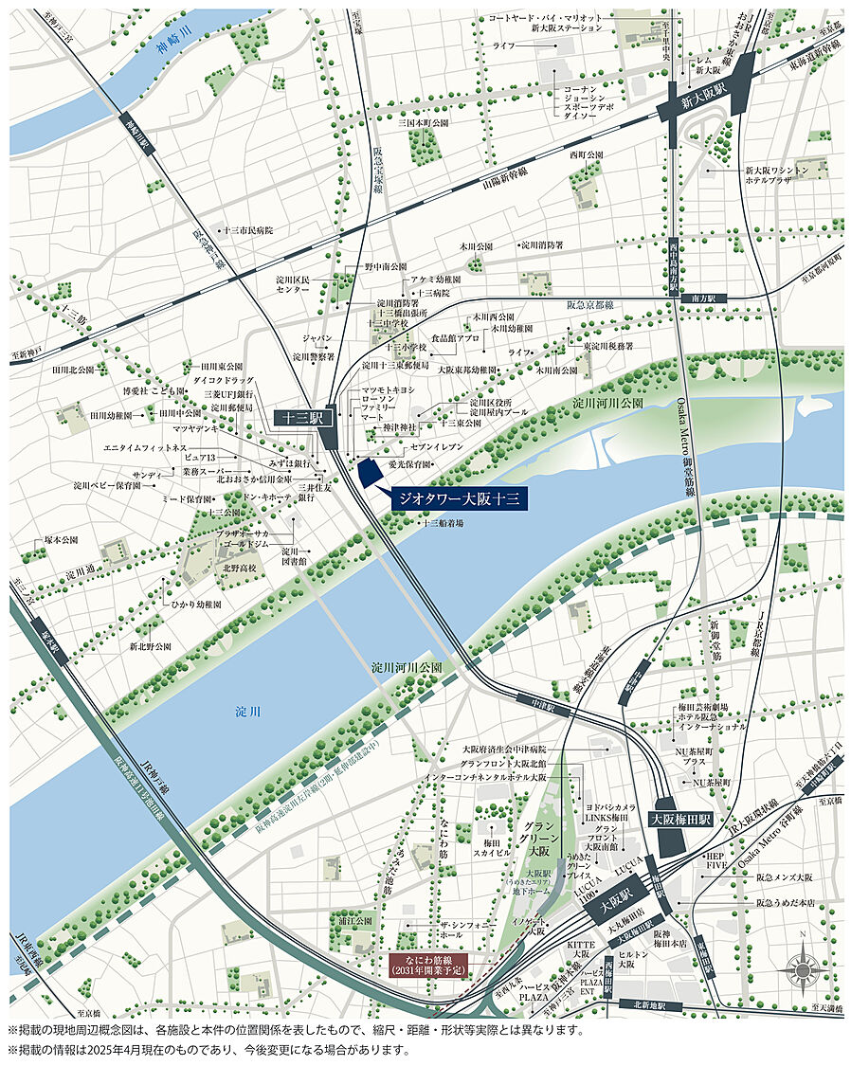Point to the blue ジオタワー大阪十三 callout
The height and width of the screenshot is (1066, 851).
[x=459, y=497]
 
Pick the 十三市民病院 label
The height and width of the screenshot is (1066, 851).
[x=247, y=230]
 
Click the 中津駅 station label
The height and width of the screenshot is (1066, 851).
[x=536, y=706]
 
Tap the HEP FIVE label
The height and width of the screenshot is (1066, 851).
[x=715, y=861]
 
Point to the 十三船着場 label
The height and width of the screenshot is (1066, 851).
[x=443, y=522]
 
